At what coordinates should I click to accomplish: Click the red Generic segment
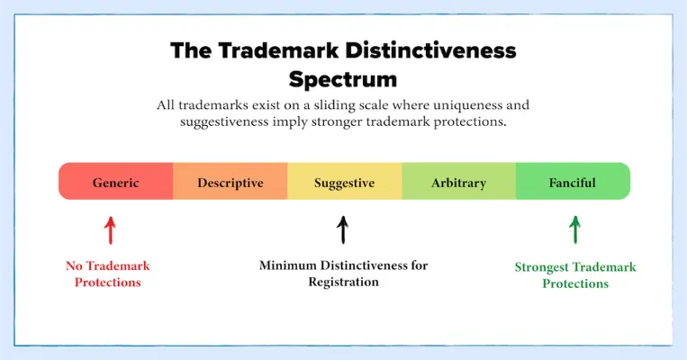(x=115, y=181)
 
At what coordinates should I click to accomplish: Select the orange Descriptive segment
(x=231, y=181)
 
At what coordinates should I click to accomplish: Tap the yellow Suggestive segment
(x=344, y=181)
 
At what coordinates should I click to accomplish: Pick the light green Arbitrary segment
(x=458, y=181)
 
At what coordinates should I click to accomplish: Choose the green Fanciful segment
(x=573, y=181)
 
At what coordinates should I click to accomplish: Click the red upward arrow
(x=111, y=230)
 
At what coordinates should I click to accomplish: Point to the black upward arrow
(x=343, y=229)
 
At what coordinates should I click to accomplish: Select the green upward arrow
(x=575, y=229)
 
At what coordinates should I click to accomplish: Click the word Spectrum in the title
(x=343, y=79)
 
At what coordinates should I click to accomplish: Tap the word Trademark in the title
(x=278, y=50)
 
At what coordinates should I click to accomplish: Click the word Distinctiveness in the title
(x=431, y=50)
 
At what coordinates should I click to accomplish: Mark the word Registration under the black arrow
(x=344, y=282)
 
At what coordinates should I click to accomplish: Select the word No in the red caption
(x=74, y=265)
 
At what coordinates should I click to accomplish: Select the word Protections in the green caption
(x=575, y=283)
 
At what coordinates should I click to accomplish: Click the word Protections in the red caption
(x=108, y=283)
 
